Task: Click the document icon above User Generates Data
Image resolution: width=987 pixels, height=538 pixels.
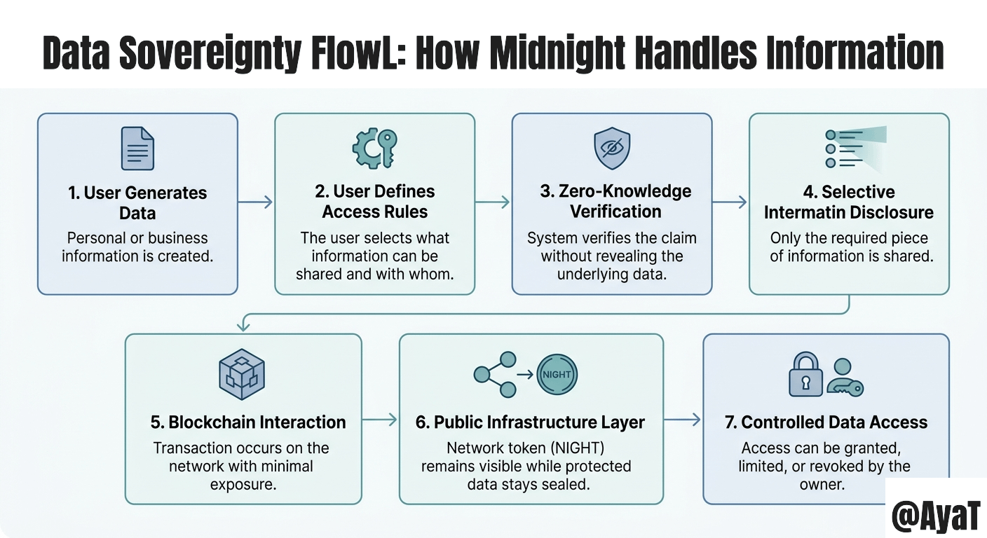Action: point(137,148)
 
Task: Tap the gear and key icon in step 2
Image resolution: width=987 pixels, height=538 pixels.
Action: point(374,147)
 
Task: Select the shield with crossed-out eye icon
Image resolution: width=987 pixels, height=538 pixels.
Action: point(612,148)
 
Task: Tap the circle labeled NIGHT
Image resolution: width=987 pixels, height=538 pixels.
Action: point(557,374)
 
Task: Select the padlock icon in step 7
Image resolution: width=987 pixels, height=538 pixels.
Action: point(805,375)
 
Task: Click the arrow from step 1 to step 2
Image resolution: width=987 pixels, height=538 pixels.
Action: point(255,202)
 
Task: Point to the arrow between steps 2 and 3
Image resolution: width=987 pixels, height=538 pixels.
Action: point(493,202)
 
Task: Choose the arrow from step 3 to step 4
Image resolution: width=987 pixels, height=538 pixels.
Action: point(730,202)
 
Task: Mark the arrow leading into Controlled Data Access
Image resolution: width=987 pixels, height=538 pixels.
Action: point(683,420)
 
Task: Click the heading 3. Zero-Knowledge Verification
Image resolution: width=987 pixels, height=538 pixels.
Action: point(615,201)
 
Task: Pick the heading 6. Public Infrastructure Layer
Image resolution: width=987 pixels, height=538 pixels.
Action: point(530,422)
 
